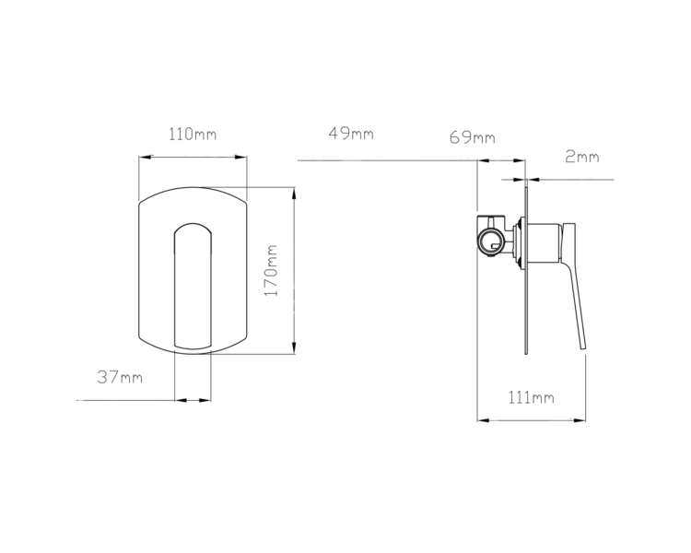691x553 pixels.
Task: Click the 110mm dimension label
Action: pyautogui.click(x=193, y=134)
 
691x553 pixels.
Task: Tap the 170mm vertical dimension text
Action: pyautogui.click(x=271, y=270)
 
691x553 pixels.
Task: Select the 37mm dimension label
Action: pyautogui.click(x=120, y=378)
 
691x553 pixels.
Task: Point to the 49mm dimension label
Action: pyautogui.click(x=351, y=133)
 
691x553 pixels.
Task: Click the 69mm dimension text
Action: pyautogui.click(x=473, y=137)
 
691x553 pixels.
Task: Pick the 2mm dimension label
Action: pyautogui.click(x=582, y=157)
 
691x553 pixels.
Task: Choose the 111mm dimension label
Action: pyautogui.click(x=531, y=398)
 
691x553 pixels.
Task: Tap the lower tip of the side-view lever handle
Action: pyautogui.click(x=583, y=349)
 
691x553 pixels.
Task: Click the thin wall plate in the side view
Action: pyautogui.click(x=526, y=270)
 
